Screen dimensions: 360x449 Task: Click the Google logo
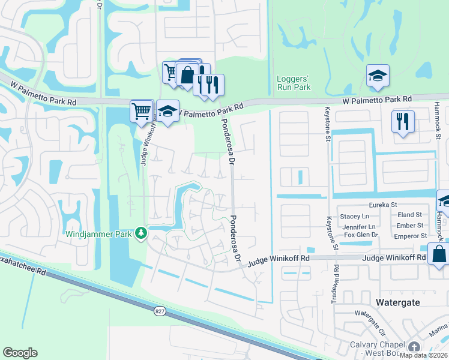tap(20, 353)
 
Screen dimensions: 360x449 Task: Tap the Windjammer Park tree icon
tap(141, 232)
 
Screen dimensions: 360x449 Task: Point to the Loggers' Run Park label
tap(294, 83)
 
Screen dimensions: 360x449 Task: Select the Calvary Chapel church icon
tap(414, 347)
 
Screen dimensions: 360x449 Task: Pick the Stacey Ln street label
tap(354, 216)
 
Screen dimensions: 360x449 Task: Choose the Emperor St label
tap(411, 236)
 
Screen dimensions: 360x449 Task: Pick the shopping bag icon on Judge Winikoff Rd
tap(439, 253)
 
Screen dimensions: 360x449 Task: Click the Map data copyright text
tap(424, 355)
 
